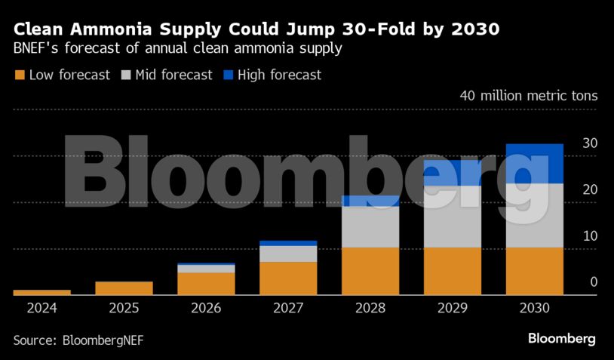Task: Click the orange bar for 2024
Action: (42, 292)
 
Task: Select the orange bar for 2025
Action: (124, 288)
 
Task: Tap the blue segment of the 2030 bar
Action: (535, 163)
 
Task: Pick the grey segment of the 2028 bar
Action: (370, 226)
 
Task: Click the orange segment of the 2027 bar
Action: (288, 278)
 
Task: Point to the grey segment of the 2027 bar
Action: (288, 254)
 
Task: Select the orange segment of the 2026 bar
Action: (206, 283)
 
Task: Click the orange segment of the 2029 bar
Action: (453, 271)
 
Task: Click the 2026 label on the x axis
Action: (206, 308)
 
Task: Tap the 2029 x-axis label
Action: (453, 308)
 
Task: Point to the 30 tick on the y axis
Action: (590, 143)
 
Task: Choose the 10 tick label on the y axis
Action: (590, 235)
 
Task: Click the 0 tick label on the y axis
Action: (594, 282)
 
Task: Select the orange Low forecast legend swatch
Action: (20, 75)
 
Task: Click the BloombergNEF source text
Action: (100, 340)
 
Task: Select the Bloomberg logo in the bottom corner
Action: (561, 338)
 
